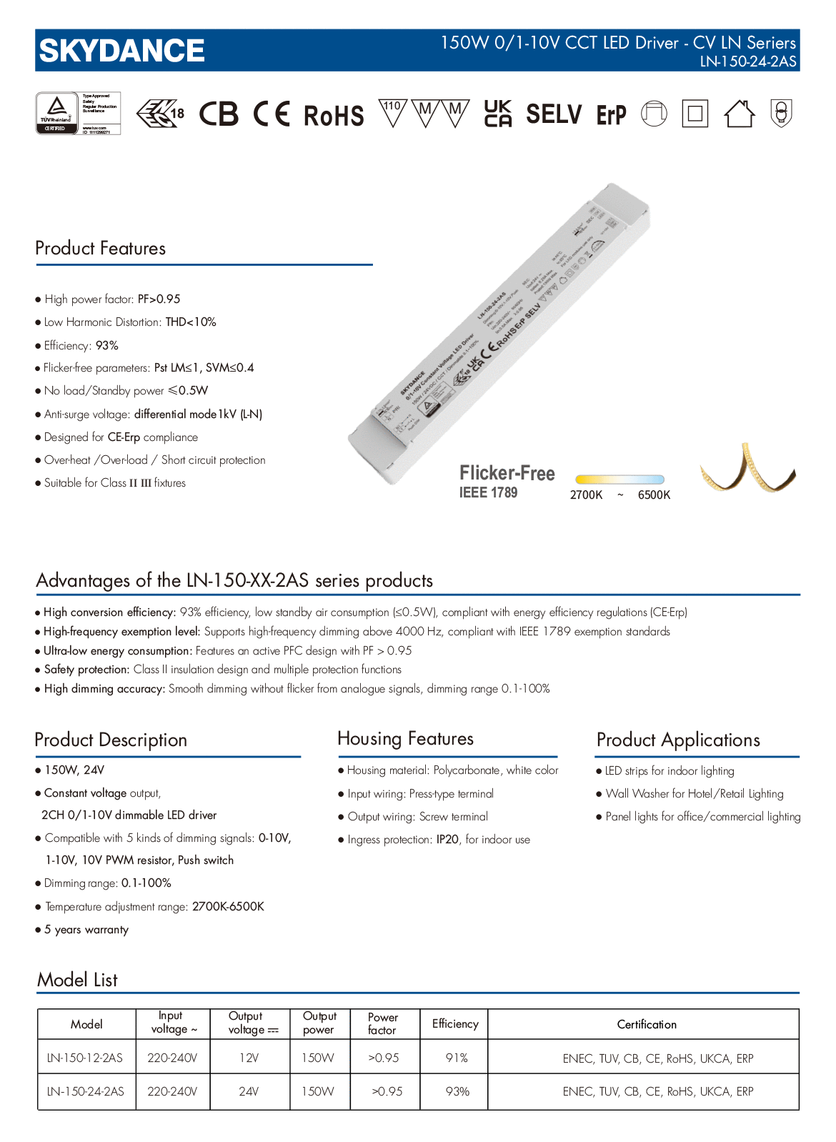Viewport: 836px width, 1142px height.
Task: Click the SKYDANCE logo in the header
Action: (x=121, y=51)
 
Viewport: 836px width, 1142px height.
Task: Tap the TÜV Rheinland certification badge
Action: (x=78, y=113)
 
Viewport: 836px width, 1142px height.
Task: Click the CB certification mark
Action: (x=218, y=114)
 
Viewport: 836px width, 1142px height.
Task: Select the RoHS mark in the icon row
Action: (x=334, y=115)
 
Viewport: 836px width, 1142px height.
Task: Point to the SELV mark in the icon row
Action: (x=554, y=114)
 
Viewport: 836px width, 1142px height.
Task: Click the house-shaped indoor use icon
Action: (x=739, y=114)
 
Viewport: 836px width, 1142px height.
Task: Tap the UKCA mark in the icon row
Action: (x=497, y=114)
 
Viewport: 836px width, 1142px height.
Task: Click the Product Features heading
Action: (x=101, y=248)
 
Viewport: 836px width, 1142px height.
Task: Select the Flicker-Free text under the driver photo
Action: (x=507, y=473)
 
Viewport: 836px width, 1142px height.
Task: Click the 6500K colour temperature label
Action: (x=654, y=495)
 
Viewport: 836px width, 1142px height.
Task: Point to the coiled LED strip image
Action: (x=747, y=472)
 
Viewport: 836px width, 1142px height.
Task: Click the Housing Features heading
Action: (x=405, y=738)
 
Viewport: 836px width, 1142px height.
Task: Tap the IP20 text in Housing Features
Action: (x=448, y=840)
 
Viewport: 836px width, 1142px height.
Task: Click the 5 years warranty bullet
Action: (x=86, y=930)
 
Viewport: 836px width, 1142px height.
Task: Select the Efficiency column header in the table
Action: (x=455, y=1024)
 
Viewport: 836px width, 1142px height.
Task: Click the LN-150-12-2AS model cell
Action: (x=85, y=1058)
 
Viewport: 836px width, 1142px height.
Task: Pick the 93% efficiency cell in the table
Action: (x=457, y=1091)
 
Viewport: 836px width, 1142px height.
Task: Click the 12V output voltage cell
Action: (x=249, y=1058)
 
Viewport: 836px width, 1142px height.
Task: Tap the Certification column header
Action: (x=647, y=1024)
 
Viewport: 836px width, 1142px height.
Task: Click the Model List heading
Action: (x=77, y=980)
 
